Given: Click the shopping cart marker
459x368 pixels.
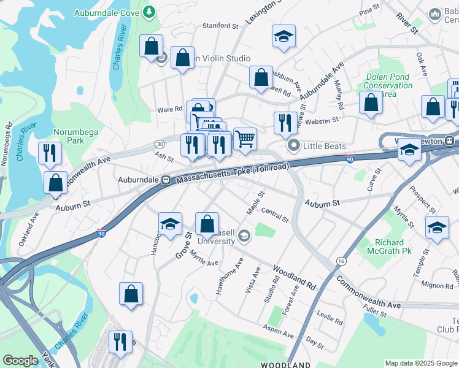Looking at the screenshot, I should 245,139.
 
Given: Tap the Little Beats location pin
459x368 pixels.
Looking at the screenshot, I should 293,146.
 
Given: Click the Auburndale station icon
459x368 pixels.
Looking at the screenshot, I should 165,180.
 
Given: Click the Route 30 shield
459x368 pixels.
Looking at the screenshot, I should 160,143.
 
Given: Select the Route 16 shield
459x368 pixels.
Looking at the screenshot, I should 341,262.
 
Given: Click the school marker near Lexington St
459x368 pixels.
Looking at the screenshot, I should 283,36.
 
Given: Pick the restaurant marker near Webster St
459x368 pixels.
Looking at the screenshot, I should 285,123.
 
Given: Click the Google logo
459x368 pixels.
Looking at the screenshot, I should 20,361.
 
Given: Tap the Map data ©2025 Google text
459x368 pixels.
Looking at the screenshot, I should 420,363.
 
